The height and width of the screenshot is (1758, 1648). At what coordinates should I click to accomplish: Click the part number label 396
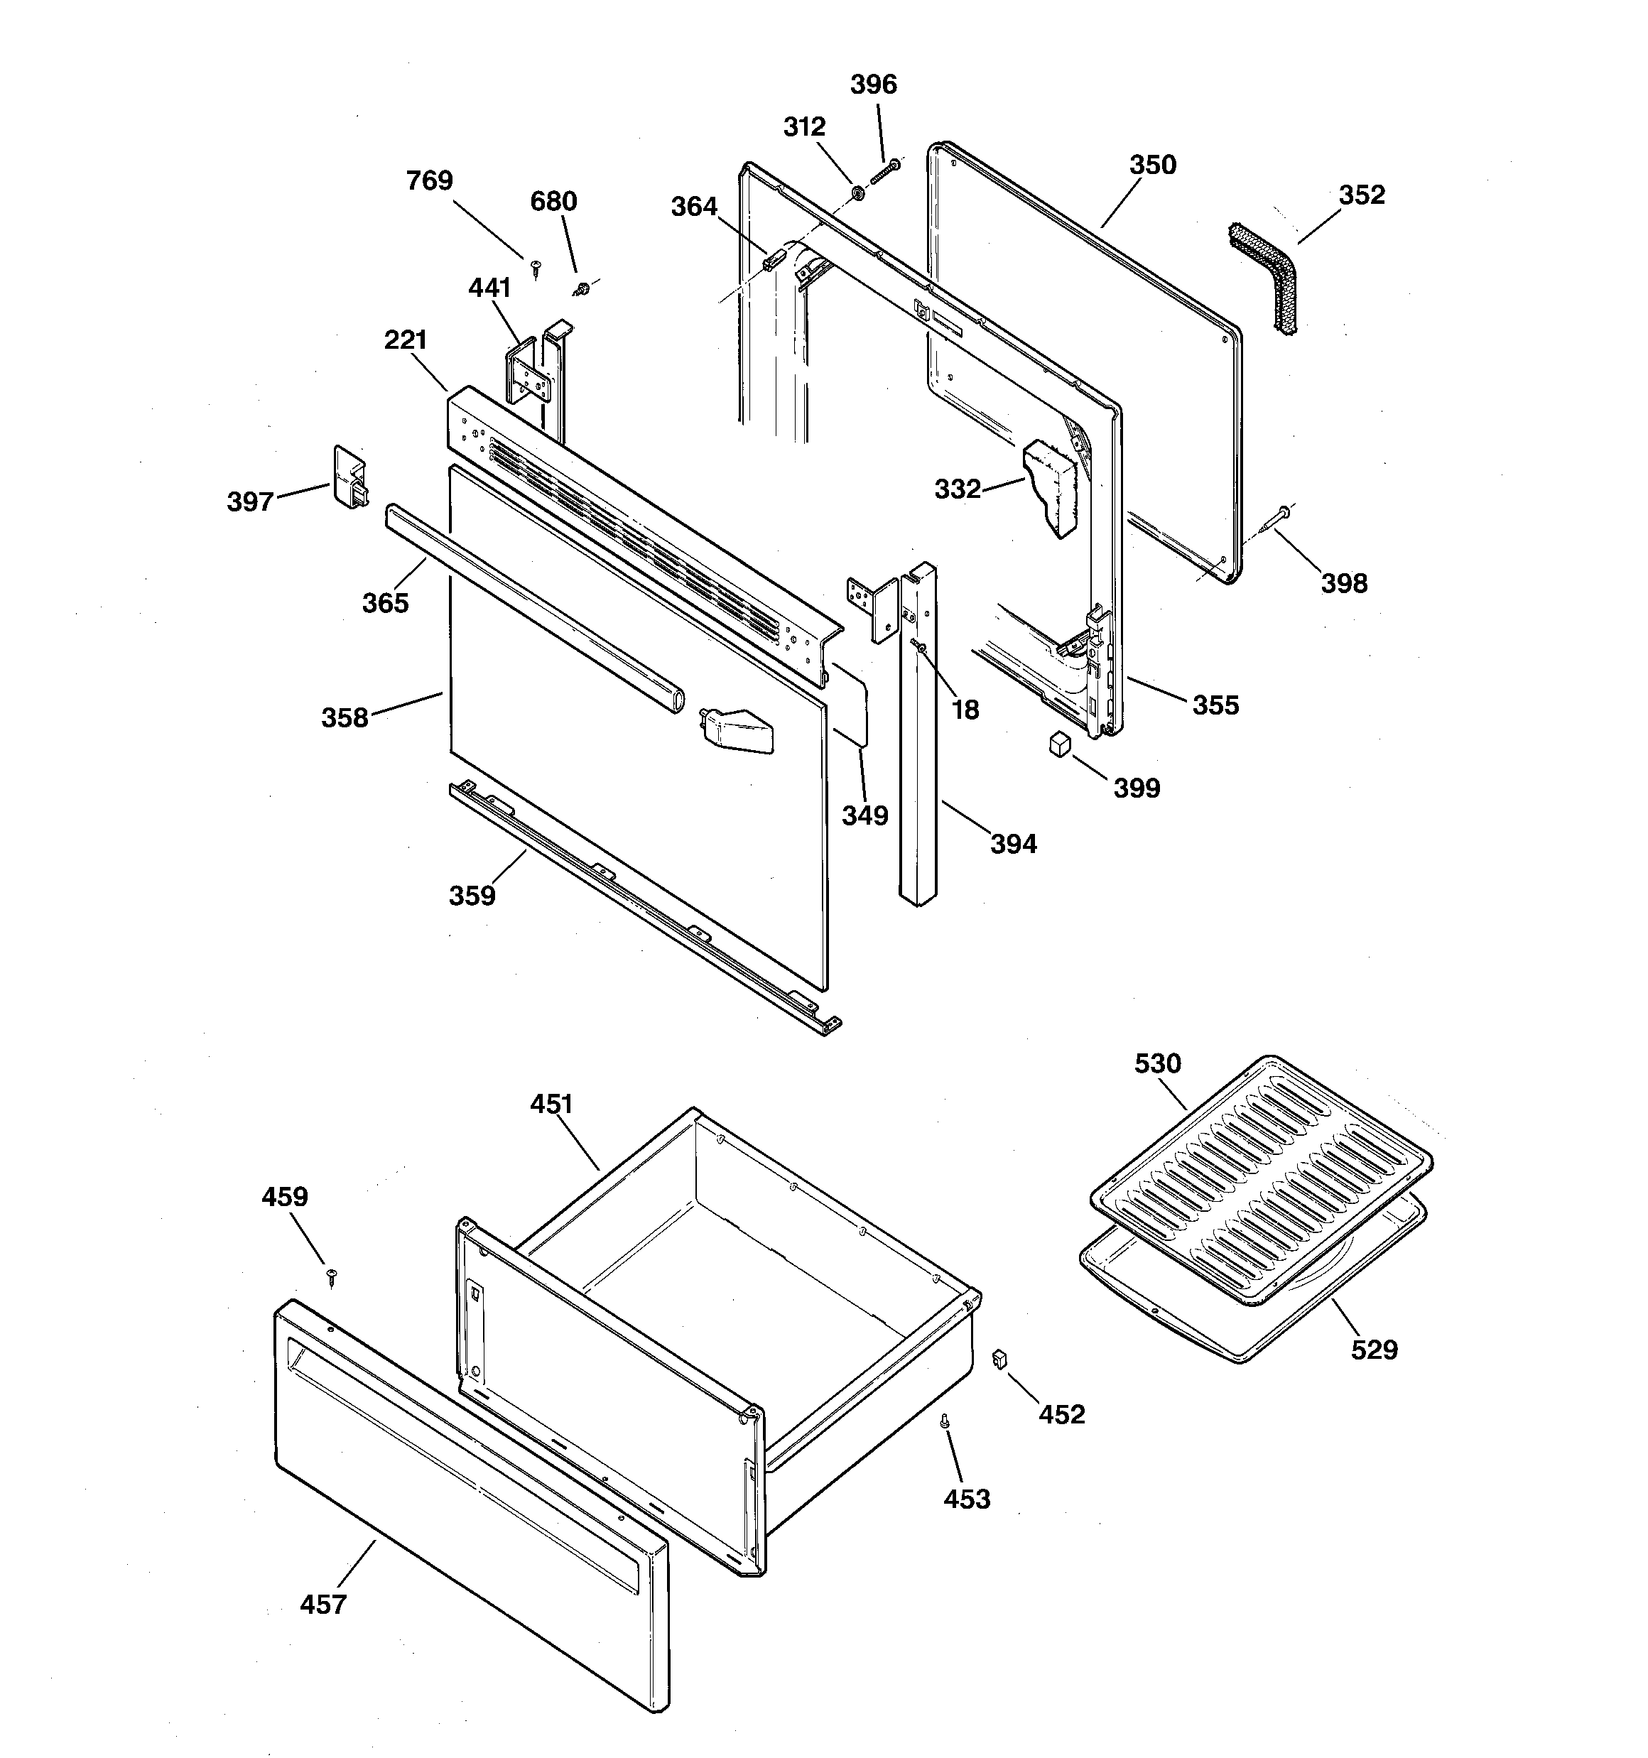tap(873, 85)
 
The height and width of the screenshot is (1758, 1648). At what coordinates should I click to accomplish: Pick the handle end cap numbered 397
tap(349, 477)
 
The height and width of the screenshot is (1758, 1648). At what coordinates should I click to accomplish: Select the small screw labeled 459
tap(332, 1275)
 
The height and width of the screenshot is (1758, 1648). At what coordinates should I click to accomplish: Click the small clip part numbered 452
tap(1000, 1358)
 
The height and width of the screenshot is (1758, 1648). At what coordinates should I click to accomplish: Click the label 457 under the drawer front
tap(323, 1603)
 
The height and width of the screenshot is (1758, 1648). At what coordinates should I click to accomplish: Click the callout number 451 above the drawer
tap(551, 1104)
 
